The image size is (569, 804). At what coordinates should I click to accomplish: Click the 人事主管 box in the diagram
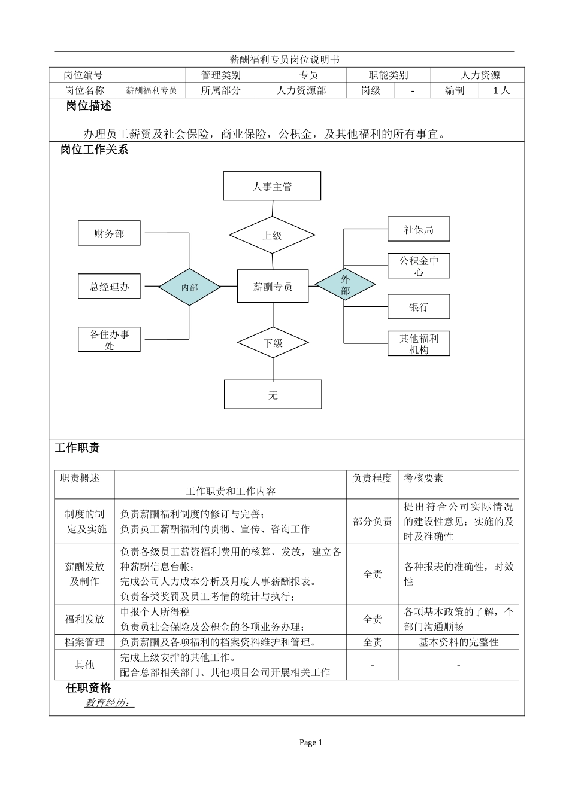point(272,186)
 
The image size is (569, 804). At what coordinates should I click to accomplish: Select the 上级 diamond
point(272,235)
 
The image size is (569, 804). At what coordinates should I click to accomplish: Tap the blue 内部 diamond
point(189,287)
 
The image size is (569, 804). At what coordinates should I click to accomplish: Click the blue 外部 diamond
point(345,285)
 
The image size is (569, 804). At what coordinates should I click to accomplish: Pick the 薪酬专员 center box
point(273,287)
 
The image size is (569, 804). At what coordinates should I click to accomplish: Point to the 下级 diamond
point(273,343)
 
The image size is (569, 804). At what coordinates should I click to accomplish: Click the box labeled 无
point(273,395)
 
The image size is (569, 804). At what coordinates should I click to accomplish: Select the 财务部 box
point(109,233)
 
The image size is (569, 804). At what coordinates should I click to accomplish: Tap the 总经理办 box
point(109,287)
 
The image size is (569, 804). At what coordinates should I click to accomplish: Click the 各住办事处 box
point(109,339)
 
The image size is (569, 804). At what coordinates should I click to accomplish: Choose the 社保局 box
point(419,229)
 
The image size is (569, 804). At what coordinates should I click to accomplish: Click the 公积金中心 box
point(419,266)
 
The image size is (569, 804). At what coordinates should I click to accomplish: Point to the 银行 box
point(419,307)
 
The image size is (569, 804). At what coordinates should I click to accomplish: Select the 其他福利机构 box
point(419,343)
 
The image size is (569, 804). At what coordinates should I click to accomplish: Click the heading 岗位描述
point(89,106)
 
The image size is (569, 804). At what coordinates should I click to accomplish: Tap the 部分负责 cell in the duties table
point(373,522)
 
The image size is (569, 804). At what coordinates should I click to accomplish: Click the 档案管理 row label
point(84,642)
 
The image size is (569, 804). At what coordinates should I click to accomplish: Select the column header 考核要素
point(424,478)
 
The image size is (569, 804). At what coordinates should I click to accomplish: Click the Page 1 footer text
point(311,742)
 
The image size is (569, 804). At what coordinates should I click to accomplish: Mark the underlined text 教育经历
point(109,703)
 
